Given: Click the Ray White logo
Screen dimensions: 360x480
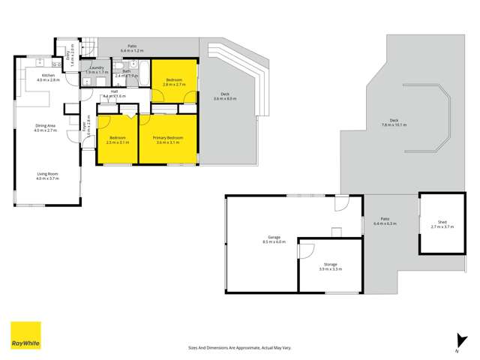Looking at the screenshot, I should click(25, 335).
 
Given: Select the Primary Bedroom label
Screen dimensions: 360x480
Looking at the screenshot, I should click(168, 139).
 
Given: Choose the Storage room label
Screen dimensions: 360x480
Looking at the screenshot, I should click(330, 267).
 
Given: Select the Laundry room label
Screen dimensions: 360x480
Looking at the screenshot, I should click(96, 70).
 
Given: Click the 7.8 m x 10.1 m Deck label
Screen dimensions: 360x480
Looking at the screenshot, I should click(393, 124).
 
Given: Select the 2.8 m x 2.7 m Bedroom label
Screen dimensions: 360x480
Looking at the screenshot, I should click(175, 82).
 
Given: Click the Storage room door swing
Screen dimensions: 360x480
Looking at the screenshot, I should click(307, 249).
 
